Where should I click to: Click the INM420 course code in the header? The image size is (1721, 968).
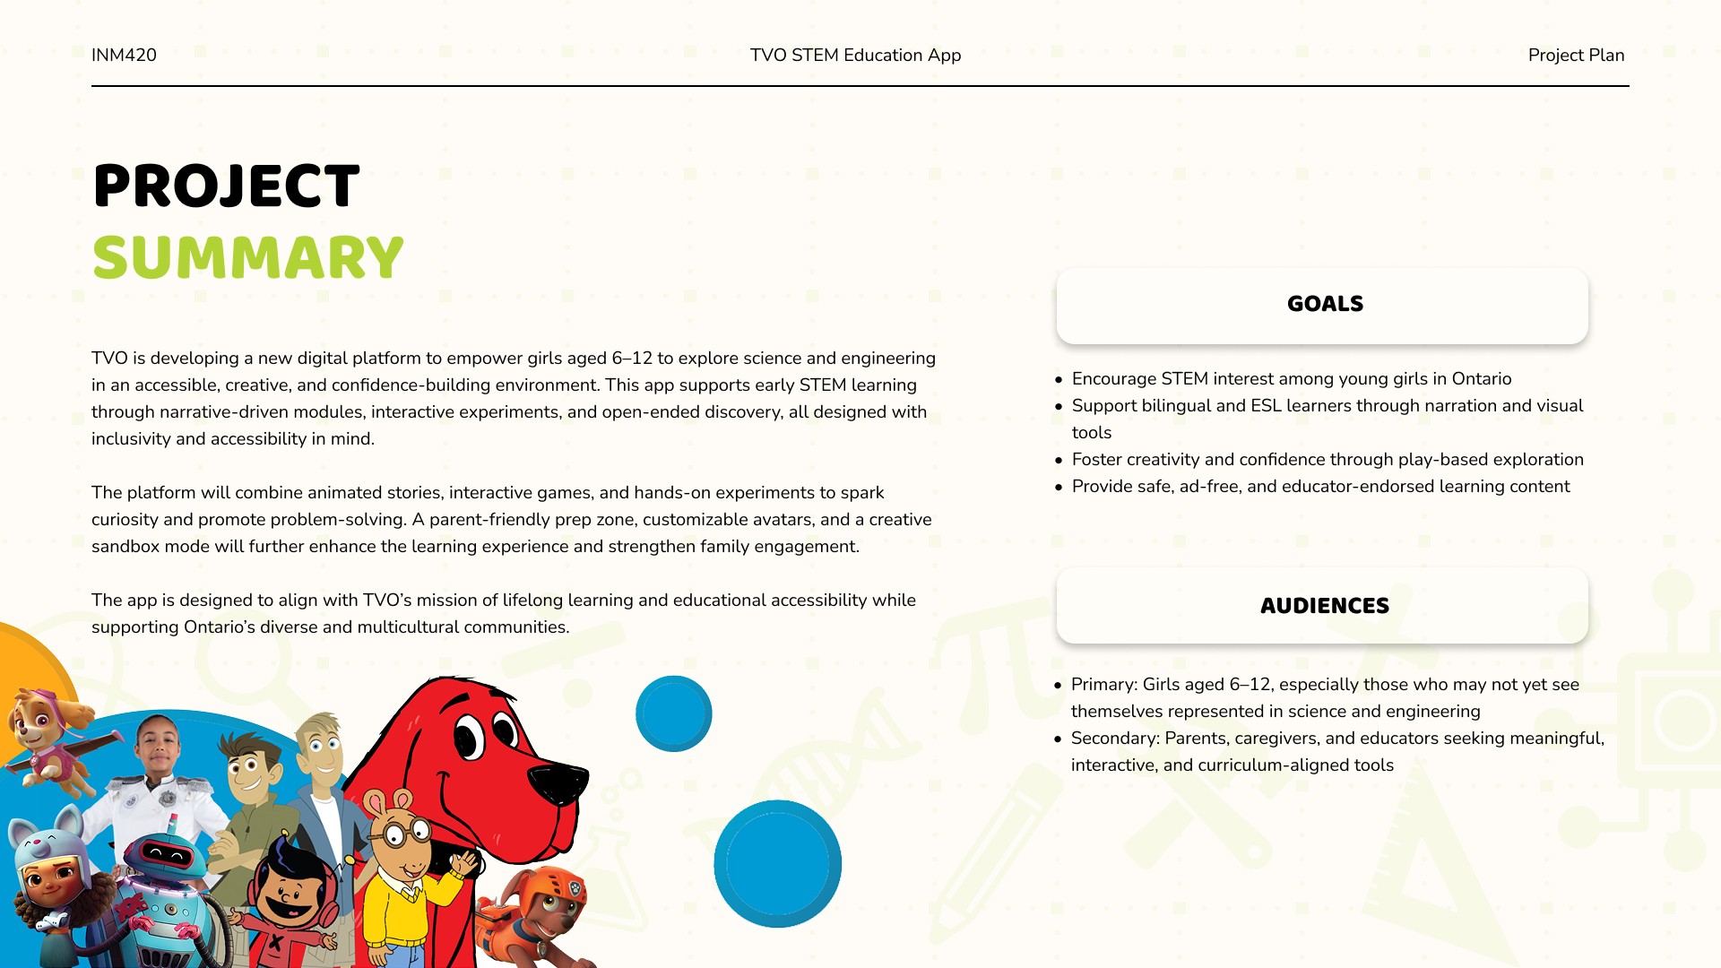pyautogui.click(x=124, y=55)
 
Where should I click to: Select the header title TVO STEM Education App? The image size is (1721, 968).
pyautogui.click(x=855, y=55)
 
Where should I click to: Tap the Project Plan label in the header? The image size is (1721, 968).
pyautogui.click(x=1576, y=55)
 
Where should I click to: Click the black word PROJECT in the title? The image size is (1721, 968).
pyautogui.click(x=226, y=186)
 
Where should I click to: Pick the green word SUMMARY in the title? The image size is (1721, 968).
pyautogui.click(x=248, y=258)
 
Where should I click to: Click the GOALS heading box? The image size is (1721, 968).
pyautogui.click(x=1322, y=305)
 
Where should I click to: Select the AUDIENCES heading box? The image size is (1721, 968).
pyautogui.click(x=1322, y=605)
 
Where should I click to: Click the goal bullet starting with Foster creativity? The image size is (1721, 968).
pyautogui.click(x=1319, y=460)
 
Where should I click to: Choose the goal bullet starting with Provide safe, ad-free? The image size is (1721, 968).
pyautogui.click(x=1313, y=487)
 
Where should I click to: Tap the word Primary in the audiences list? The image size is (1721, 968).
pyautogui.click(x=1103, y=685)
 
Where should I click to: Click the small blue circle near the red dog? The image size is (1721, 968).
pyautogui.click(x=674, y=713)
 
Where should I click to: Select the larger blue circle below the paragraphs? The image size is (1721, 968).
pyautogui.click(x=778, y=864)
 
